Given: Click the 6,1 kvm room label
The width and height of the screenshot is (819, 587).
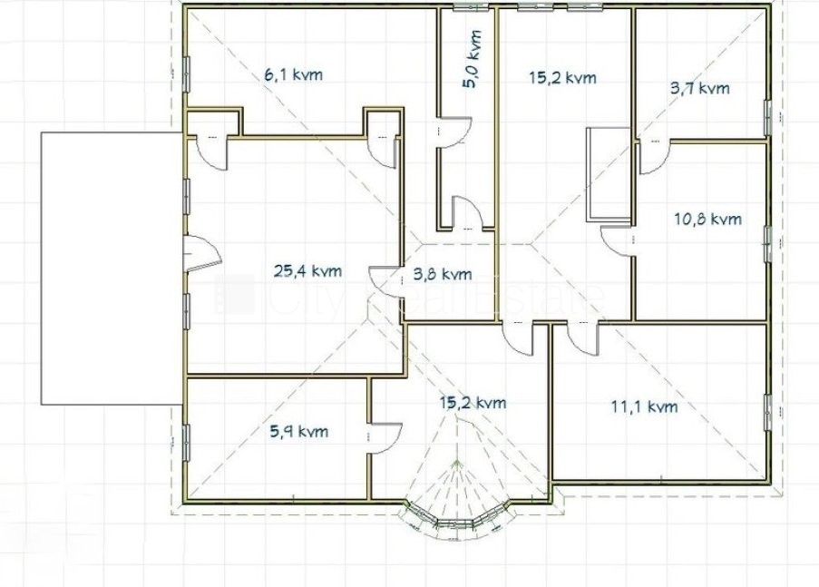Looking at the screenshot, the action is point(294,74).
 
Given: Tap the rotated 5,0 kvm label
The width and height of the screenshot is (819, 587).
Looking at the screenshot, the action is point(473,59).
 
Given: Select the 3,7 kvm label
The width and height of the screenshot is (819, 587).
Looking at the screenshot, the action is point(700,88).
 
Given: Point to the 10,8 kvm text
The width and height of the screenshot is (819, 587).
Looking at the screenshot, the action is point(707,219).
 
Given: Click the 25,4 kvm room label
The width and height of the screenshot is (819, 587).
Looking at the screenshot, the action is point(308,270).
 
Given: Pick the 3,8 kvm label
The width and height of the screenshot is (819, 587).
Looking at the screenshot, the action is point(443,274).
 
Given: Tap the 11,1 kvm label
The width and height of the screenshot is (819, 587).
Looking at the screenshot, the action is point(645,406).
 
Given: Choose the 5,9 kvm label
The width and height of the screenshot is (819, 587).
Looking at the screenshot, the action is point(299,431).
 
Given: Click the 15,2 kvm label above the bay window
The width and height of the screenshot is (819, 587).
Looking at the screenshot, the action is point(473,403).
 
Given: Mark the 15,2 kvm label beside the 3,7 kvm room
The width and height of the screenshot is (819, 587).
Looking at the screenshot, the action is point(562,78).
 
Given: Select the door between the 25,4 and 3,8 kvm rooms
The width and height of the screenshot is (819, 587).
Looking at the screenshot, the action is point(385,282).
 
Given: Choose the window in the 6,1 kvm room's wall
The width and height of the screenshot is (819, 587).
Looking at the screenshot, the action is point(186,74).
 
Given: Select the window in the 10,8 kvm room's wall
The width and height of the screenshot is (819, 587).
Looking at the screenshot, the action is point(768,243).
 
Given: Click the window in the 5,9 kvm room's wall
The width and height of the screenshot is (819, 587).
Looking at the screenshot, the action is point(186,443).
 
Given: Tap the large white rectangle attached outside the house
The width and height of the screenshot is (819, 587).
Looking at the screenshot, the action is point(112,269).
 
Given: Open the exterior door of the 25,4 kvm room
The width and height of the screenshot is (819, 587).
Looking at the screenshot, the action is point(202,253).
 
